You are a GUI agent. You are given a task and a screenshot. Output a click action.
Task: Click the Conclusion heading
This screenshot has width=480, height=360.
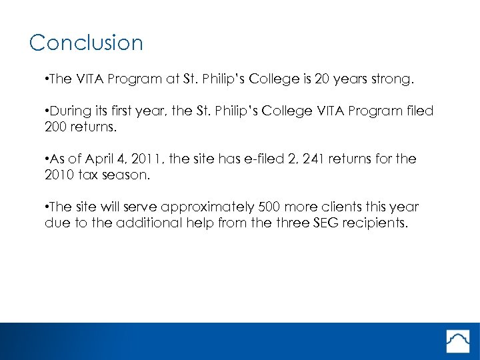point(86,43)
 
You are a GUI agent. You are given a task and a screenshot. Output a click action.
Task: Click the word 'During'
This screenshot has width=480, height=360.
point(71,111)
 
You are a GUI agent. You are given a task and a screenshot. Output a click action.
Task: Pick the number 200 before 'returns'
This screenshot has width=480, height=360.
point(57,127)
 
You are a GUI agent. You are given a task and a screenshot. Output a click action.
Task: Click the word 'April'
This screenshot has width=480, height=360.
point(100,159)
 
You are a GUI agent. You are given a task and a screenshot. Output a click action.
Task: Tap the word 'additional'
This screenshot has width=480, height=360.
point(144,223)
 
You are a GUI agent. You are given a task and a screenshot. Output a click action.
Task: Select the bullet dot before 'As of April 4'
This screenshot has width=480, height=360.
point(47,159)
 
